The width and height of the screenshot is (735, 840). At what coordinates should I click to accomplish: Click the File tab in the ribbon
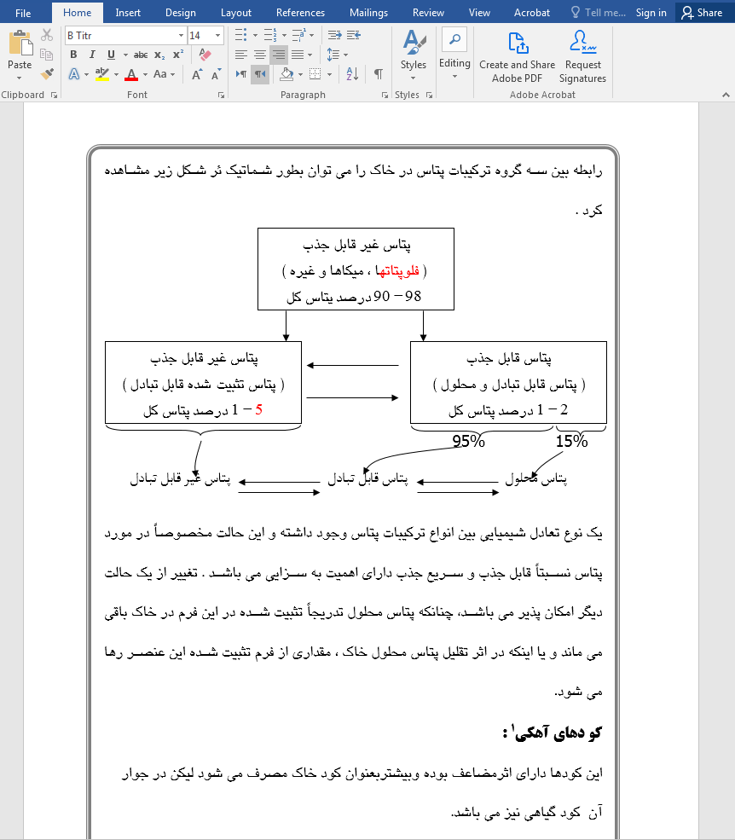(23, 13)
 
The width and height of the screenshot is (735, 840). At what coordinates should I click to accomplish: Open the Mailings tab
(367, 13)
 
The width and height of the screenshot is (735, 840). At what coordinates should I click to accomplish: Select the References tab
(300, 13)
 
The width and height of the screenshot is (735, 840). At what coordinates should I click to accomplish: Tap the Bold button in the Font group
(73, 55)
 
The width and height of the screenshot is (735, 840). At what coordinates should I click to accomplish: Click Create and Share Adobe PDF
(517, 58)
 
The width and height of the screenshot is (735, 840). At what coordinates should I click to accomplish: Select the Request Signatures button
(583, 58)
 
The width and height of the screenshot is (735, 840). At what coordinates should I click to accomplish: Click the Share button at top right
(702, 13)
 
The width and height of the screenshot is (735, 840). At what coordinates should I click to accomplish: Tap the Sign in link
(651, 13)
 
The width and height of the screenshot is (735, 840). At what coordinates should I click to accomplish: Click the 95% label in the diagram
(468, 442)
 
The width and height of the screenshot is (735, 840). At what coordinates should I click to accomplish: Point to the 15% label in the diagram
(571, 442)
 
